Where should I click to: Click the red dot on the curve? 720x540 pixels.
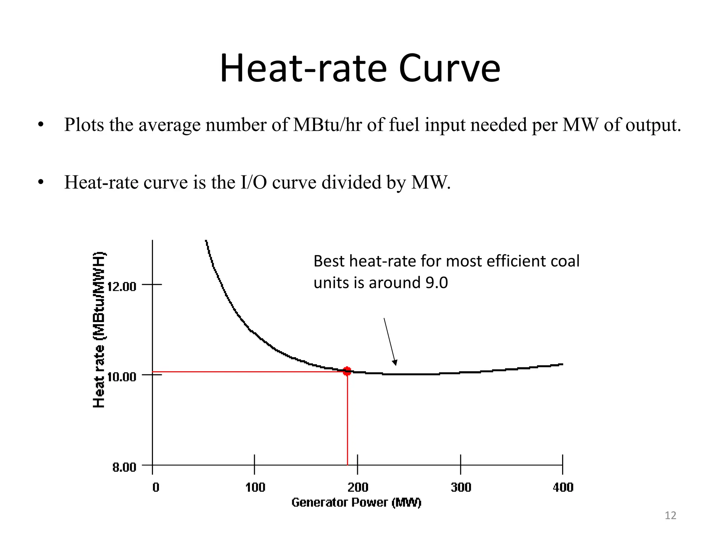pyautogui.click(x=347, y=371)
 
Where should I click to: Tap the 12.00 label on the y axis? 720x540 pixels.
pyautogui.click(x=122, y=287)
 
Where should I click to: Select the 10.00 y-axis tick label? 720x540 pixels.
pyautogui.click(x=122, y=377)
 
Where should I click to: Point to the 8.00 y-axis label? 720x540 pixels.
pyautogui.click(x=124, y=468)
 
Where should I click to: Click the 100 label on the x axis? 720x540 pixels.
pyautogui.click(x=255, y=488)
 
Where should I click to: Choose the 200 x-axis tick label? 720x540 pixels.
pyautogui.click(x=358, y=488)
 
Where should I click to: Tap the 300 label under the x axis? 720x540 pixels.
pyautogui.click(x=461, y=488)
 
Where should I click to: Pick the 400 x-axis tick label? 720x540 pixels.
pyautogui.click(x=563, y=488)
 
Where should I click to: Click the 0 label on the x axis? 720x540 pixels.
pyautogui.click(x=156, y=488)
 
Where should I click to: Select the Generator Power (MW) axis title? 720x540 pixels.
pyautogui.click(x=356, y=503)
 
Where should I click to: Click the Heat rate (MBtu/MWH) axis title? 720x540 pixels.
pyautogui.click(x=99, y=330)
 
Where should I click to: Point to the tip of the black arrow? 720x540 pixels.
pyautogui.click(x=396, y=365)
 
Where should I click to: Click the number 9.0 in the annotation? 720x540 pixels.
pyautogui.click(x=436, y=283)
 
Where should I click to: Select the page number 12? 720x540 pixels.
pyautogui.click(x=670, y=515)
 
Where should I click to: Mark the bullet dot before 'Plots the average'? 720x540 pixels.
pyautogui.click(x=41, y=125)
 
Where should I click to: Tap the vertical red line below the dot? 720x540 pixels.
pyautogui.click(x=347, y=422)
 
